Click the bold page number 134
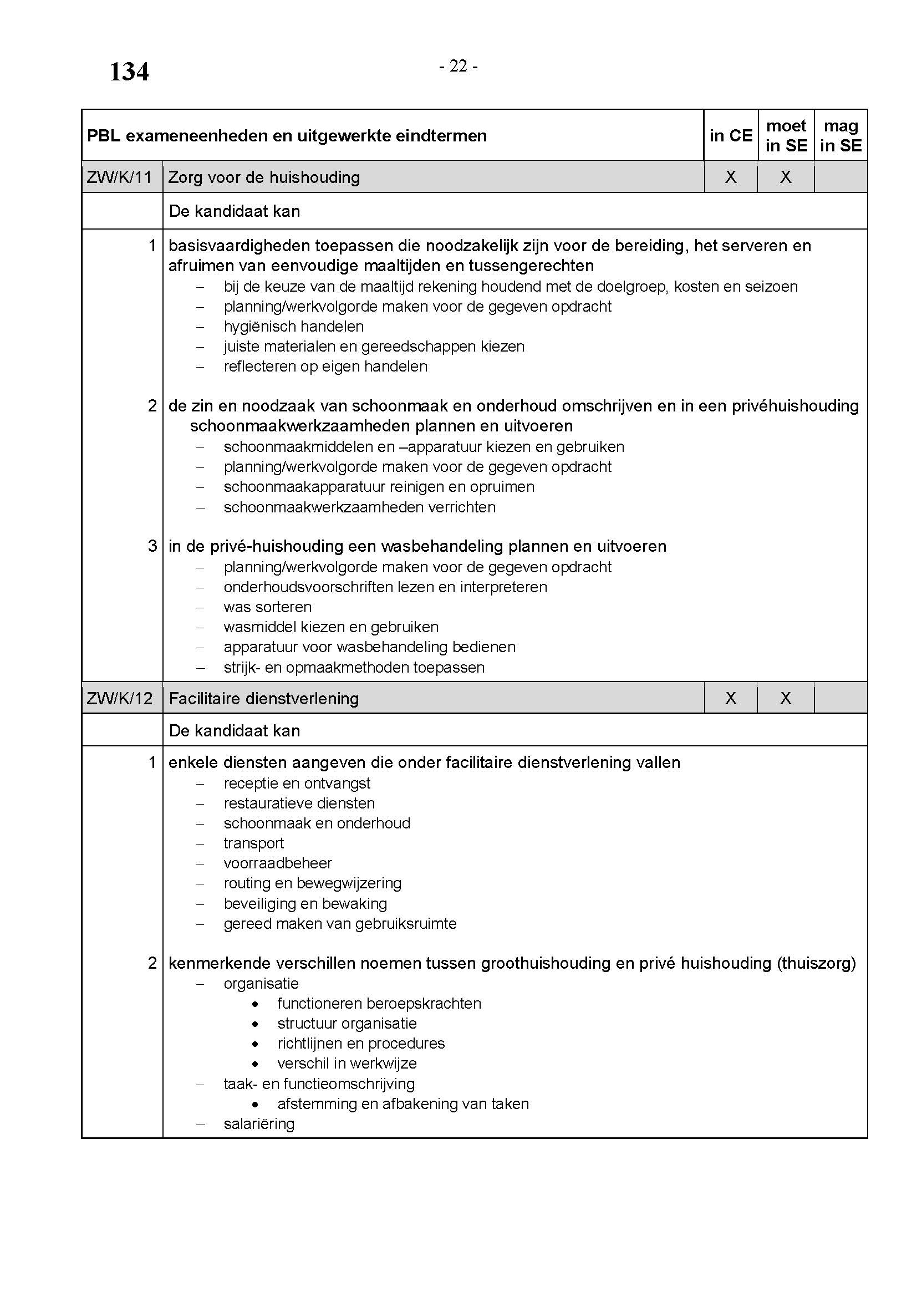[129, 72]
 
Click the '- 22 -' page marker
[458, 67]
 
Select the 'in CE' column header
[731, 135]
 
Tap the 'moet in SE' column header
[786, 135]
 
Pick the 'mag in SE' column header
[841, 135]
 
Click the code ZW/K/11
[120, 177]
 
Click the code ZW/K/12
[120, 699]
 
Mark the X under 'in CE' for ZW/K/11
[731, 177]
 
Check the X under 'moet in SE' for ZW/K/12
[786, 699]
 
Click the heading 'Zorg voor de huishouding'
[264, 177]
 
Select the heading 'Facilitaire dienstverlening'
[264, 699]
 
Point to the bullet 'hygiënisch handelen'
[294, 327]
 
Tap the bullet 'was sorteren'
[268, 607]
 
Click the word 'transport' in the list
[253, 843]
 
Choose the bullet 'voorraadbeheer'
[278, 863]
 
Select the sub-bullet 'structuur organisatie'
[347, 1024]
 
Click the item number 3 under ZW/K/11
[152, 546]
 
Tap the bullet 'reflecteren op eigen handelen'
[325, 367]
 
